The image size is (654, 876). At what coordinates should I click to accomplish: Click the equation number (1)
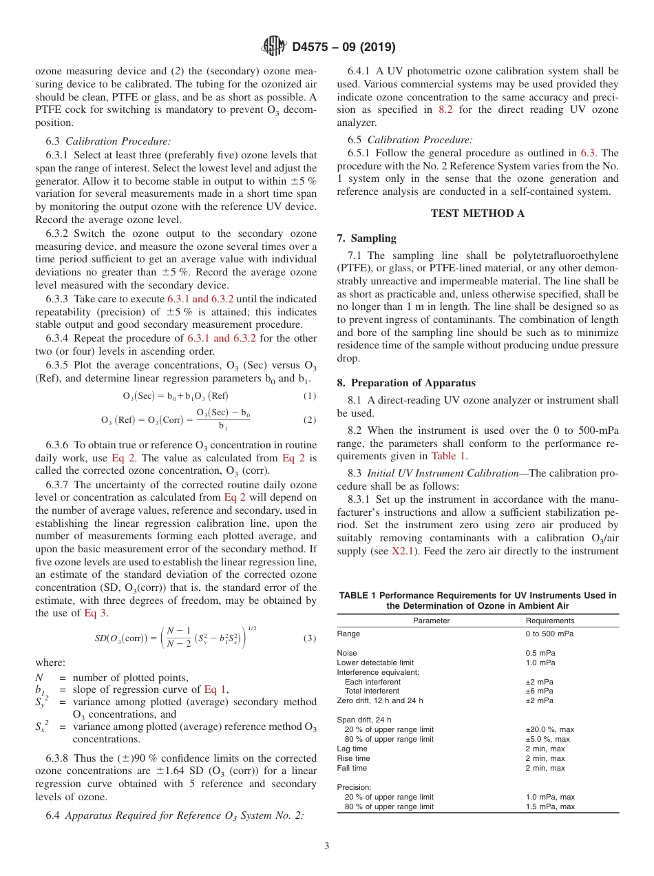309,396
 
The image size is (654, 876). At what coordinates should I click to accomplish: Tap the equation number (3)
309,638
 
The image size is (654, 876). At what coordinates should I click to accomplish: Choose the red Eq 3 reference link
95,613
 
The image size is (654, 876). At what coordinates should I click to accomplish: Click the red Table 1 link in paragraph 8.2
448,456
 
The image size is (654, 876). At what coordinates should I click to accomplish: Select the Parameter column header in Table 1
431,620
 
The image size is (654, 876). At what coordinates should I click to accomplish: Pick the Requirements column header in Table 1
549,620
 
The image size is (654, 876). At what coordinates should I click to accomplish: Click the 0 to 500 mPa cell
549,634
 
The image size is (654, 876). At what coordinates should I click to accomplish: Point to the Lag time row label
352,749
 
